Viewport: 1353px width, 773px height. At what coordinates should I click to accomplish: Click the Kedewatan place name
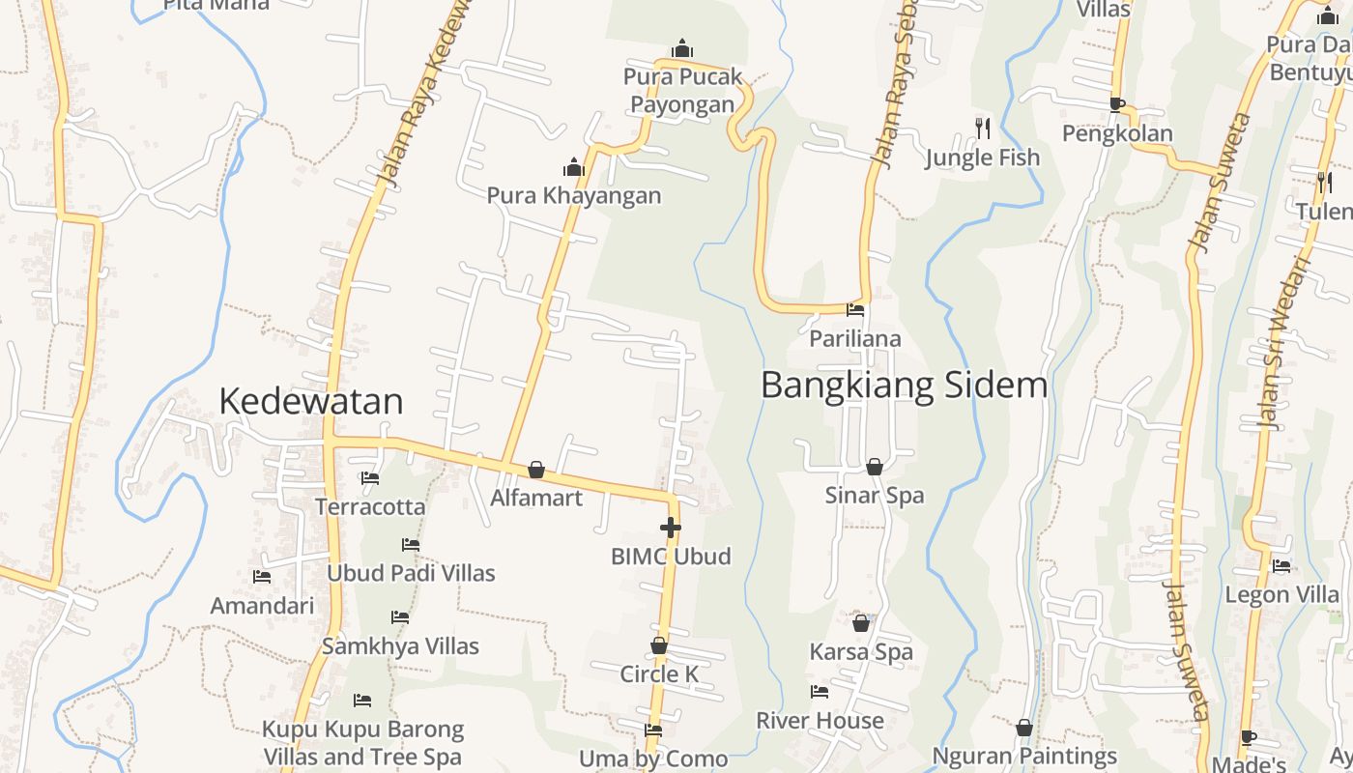310,401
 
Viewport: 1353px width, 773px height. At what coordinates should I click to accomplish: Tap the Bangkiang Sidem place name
904,385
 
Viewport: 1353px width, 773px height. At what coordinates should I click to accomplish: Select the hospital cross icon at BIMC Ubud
670,528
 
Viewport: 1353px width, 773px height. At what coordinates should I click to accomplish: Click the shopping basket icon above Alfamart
536,470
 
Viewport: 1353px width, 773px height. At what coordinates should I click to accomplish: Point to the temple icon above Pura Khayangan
574,168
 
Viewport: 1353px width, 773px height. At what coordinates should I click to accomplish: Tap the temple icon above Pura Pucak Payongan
682,48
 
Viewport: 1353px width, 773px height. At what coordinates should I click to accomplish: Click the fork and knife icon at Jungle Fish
983,128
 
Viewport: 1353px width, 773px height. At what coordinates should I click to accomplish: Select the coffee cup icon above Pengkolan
1117,104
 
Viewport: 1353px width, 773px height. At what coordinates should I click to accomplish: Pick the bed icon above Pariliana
855,310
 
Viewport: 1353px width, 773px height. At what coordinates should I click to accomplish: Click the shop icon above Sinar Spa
874,467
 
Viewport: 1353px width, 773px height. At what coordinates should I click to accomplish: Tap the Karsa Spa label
861,652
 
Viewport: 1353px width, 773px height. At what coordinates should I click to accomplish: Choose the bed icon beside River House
820,692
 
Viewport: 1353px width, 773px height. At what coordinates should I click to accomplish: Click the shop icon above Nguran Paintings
1024,727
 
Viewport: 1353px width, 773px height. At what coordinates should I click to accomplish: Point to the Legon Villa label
1282,594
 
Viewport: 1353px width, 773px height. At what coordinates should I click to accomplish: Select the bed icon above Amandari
262,577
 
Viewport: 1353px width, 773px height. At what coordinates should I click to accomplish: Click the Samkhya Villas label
400,646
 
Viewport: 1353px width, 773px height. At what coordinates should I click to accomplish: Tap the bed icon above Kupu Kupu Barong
362,700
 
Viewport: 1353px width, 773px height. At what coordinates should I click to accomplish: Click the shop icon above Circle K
659,645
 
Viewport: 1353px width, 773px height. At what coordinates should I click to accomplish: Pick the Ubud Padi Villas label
411,573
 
